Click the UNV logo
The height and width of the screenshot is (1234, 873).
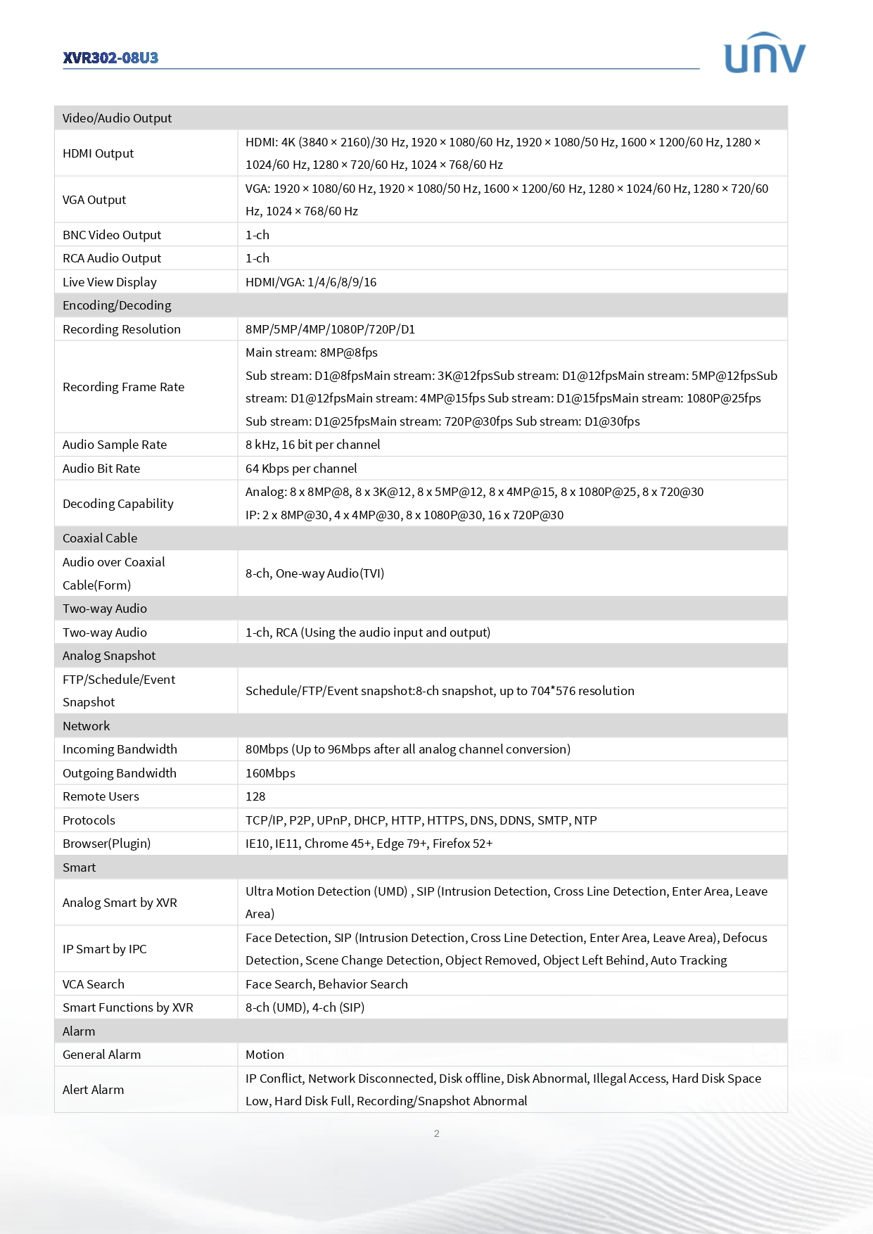pyautogui.click(x=765, y=54)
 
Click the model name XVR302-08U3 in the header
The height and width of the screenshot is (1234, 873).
pyautogui.click(x=110, y=58)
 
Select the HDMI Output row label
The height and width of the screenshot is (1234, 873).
pyautogui.click(x=98, y=153)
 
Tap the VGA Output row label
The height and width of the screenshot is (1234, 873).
pyautogui.click(x=94, y=200)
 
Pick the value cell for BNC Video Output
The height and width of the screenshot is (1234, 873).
pyautogui.click(x=257, y=235)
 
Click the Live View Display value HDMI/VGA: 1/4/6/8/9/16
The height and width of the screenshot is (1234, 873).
pyautogui.click(x=311, y=282)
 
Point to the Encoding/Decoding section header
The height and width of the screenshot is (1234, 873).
pyautogui.click(x=117, y=305)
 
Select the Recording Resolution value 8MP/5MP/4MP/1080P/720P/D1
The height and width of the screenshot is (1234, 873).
pyautogui.click(x=330, y=329)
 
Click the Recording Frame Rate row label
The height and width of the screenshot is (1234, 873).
pyautogui.click(x=123, y=387)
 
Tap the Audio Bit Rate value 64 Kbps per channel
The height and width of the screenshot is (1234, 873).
pyautogui.click(x=301, y=469)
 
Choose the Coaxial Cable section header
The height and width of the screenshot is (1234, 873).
pyautogui.click(x=100, y=538)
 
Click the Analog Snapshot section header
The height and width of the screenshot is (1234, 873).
pyautogui.click(x=109, y=656)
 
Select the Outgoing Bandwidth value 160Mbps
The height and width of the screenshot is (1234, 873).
pyautogui.click(x=270, y=773)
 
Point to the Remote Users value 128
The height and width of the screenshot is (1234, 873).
pyautogui.click(x=255, y=796)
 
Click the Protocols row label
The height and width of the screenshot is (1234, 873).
pyautogui.click(x=89, y=820)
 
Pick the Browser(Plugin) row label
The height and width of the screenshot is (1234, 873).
pyautogui.click(x=106, y=844)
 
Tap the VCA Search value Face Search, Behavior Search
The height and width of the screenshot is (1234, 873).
pyautogui.click(x=326, y=984)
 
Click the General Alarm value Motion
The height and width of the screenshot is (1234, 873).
pyautogui.click(x=265, y=1055)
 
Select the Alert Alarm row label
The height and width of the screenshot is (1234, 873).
pyautogui.click(x=93, y=1090)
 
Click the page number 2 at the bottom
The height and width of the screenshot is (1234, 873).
pyautogui.click(x=437, y=1133)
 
